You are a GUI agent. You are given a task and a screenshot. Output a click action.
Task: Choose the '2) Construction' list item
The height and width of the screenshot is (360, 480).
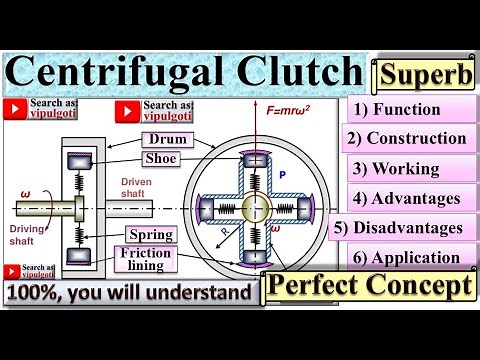coord(406,138)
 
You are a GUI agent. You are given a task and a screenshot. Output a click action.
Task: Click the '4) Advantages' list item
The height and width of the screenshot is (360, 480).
coord(404,198)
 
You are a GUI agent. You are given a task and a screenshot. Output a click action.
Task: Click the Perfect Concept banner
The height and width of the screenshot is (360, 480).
coord(369,287)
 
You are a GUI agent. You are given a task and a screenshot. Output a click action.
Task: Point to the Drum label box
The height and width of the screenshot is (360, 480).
coord(165,138)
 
